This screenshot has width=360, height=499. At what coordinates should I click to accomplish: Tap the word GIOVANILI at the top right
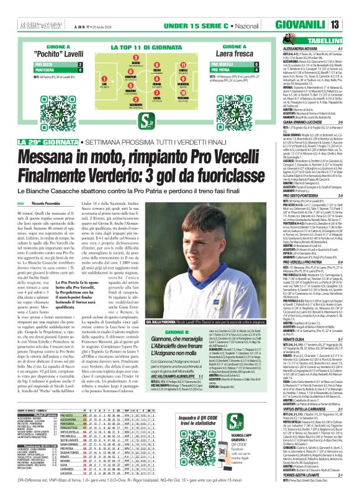(317, 24)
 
